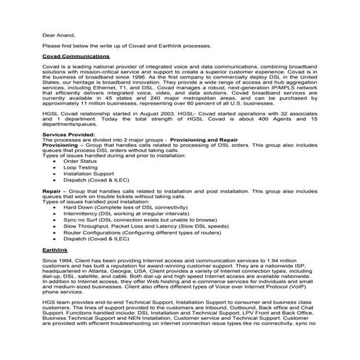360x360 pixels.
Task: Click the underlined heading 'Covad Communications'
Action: coord(71,55)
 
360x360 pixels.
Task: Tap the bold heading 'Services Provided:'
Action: coord(69,135)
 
